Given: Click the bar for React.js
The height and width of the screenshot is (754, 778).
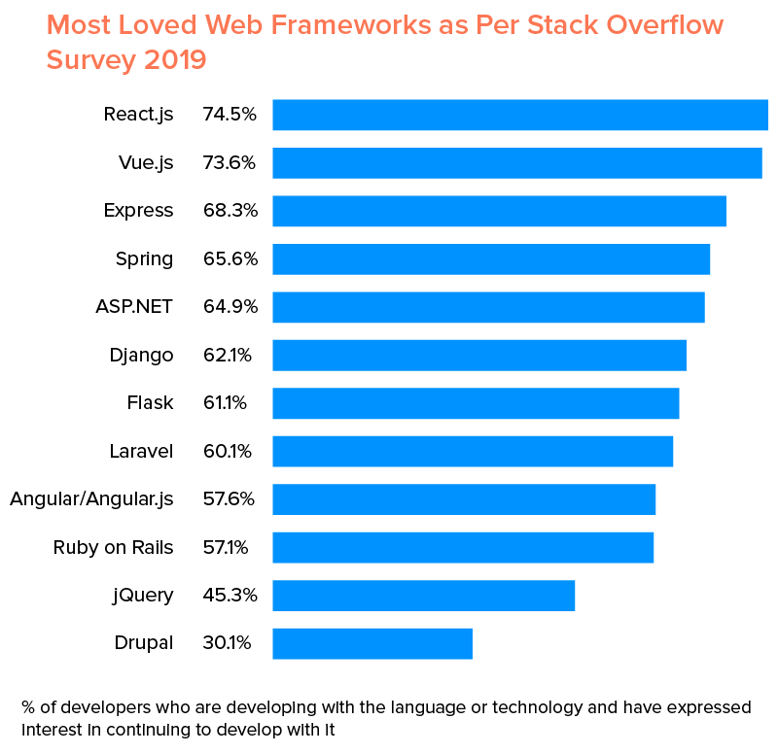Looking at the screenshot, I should coord(520,115).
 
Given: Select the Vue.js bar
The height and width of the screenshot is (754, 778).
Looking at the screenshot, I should coord(516,163).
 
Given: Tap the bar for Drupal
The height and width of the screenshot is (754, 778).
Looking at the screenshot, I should coord(372,643).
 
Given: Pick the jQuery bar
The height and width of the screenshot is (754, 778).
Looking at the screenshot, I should coord(423,596).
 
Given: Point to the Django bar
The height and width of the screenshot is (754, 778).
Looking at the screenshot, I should coord(479,356).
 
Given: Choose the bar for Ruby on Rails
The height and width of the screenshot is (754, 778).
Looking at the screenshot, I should coord(463,548).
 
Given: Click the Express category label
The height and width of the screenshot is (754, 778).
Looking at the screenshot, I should coord(138,211).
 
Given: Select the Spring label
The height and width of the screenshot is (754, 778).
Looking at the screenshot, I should coord(144,259).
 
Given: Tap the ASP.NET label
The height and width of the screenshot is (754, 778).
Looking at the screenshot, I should coord(134,307).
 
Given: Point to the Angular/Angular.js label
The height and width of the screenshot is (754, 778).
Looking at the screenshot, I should coord(91,499).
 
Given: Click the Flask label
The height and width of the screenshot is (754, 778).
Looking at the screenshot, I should coord(150,403).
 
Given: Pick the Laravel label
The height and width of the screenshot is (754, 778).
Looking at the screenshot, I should coord(141,452).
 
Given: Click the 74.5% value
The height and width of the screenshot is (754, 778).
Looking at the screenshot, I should coord(230,115).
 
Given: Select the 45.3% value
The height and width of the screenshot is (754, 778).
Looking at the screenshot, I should coord(230,596).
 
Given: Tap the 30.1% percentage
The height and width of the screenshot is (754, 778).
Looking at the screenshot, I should coord(228,643).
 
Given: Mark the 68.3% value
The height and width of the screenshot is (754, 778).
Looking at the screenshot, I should coord(230,211).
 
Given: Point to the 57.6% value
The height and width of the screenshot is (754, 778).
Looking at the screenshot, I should coord(229,499).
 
